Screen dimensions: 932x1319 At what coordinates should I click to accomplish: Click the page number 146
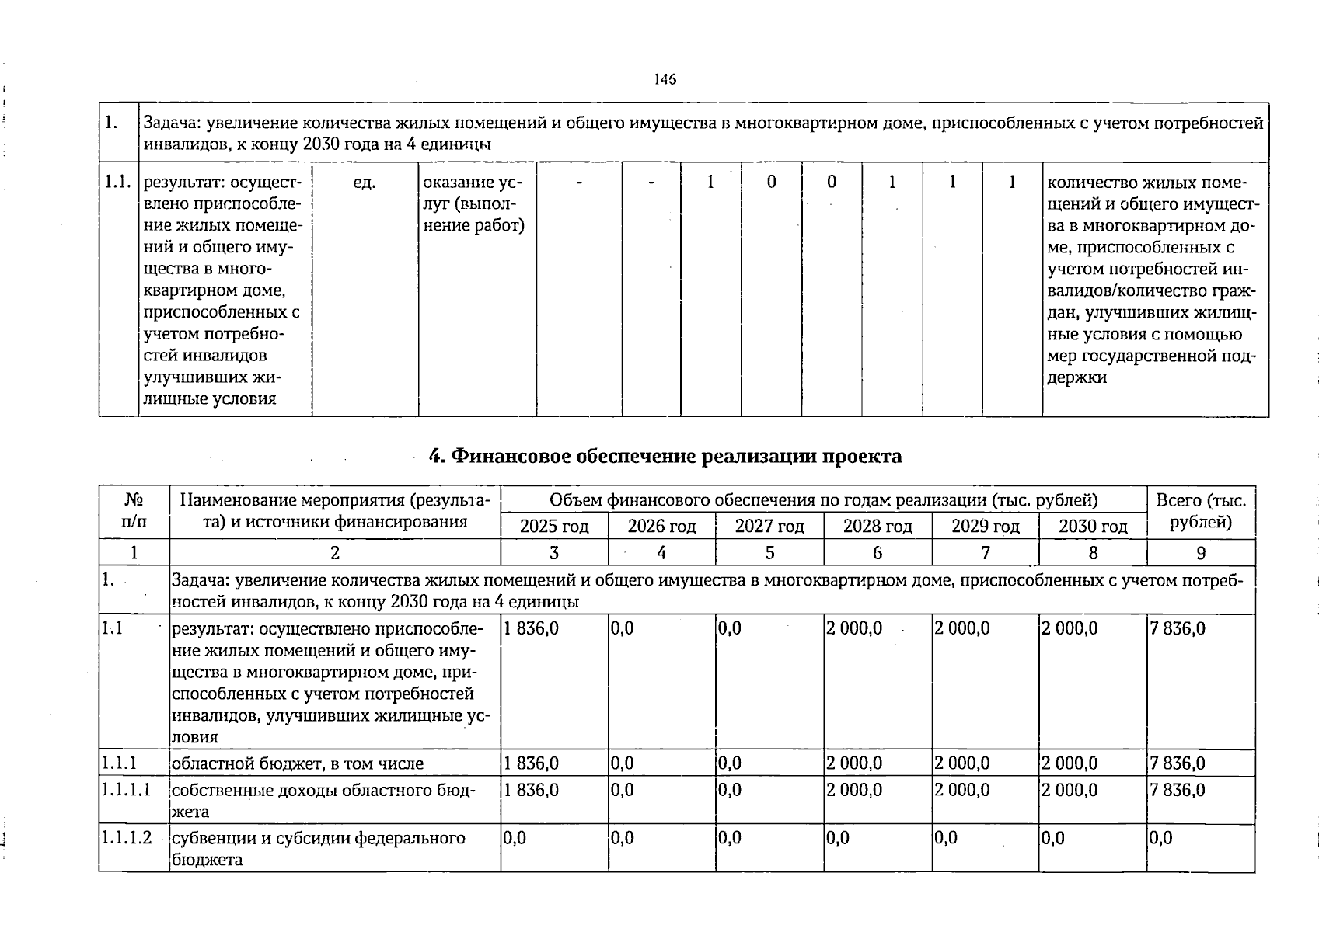coord(665,79)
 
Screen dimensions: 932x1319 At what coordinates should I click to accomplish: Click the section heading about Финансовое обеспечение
coord(665,456)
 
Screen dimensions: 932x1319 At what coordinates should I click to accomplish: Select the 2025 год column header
coord(553,527)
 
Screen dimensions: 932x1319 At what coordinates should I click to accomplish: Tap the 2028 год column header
coord(878,527)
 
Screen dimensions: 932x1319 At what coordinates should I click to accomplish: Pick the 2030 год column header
coord(1093,527)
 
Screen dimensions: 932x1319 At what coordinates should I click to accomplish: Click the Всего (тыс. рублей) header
coord(1201,511)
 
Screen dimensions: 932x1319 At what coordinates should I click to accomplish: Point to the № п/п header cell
coord(134,511)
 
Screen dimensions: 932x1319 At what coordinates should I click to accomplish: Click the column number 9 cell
coord(1201,553)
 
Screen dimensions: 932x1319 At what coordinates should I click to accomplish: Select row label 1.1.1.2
coord(127,839)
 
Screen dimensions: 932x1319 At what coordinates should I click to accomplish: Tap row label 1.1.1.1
coord(126,790)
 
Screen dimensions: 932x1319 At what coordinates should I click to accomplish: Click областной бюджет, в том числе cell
coord(298,763)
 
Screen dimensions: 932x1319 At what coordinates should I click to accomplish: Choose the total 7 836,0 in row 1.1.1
coord(1178,763)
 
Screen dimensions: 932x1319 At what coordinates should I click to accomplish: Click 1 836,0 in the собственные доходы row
coord(532,790)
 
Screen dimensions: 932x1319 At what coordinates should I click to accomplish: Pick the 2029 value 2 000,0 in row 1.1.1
coord(962,763)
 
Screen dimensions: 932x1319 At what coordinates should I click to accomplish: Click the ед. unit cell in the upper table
coord(365,183)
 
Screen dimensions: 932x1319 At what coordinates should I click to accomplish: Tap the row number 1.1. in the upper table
coord(118,183)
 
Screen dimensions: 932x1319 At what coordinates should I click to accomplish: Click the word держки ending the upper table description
coord(1077,378)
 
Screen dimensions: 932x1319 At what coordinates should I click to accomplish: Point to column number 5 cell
coord(769,553)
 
